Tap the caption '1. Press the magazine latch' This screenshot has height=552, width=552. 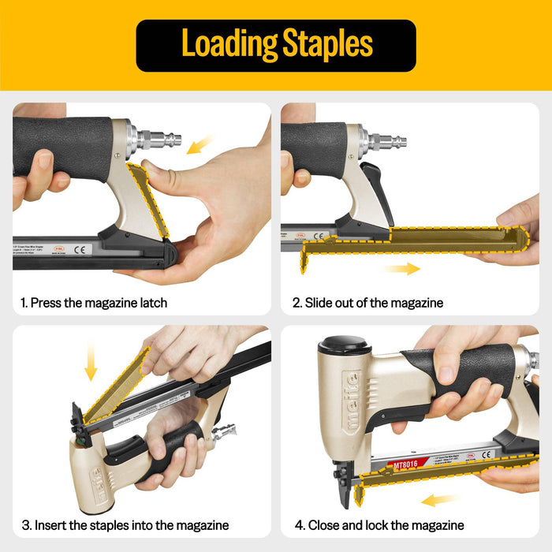(94, 303)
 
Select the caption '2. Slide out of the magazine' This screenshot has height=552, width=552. (367, 303)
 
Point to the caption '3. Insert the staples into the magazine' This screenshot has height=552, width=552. (125, 525)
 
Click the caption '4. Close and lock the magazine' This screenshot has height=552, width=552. (379, 525)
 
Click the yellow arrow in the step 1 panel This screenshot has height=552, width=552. (201, 144)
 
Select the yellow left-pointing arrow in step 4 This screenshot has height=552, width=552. (440, 500)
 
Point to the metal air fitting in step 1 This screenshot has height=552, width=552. (158, 140)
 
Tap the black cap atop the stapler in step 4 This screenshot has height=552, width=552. (345, 345)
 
